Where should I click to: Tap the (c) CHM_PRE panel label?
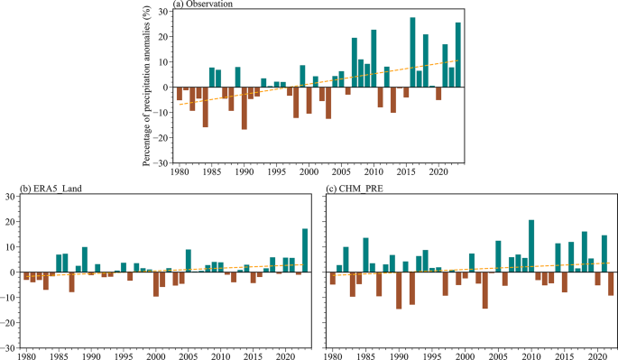(354, 188)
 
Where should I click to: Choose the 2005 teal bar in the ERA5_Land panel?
(188, 261)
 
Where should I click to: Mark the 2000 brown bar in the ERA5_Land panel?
(155, 283)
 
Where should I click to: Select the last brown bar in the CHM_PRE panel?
(611, 283)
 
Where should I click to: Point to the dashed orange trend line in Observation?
(316, 82)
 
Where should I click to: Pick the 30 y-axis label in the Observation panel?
(164, 12)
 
